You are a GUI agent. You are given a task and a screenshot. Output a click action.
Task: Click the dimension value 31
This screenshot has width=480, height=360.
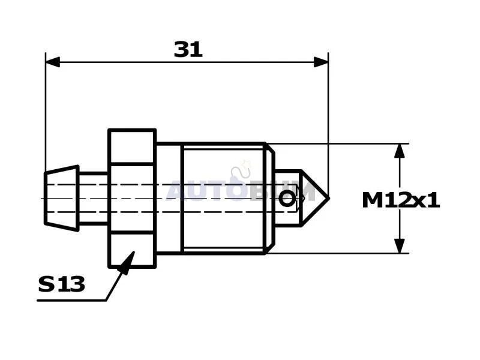click(188, 50)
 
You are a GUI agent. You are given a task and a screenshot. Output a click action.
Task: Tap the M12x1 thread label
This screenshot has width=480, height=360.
click(401, 200)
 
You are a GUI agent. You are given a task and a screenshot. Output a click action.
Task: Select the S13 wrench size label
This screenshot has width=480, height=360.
click(62, 284)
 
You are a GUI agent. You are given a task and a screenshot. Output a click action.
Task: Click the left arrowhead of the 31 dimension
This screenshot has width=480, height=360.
click(53, 62)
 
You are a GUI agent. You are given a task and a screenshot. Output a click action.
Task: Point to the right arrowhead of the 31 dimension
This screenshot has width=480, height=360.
click(321, 62)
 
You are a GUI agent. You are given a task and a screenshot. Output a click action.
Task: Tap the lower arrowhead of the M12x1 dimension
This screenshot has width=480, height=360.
click(400, 246)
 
